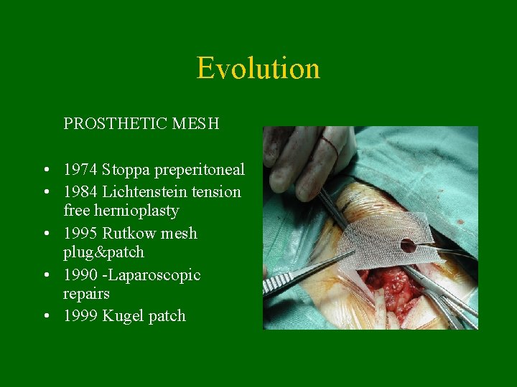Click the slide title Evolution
pos(258,68)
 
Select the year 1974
pos(80,170)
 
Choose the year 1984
pos(80,191)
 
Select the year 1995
pos(80,234)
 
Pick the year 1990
pos(80,275)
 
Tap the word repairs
pos(86,295)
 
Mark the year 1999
pos(80,316)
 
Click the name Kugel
pos(124,316)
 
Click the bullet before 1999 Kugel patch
pos(45,316)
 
